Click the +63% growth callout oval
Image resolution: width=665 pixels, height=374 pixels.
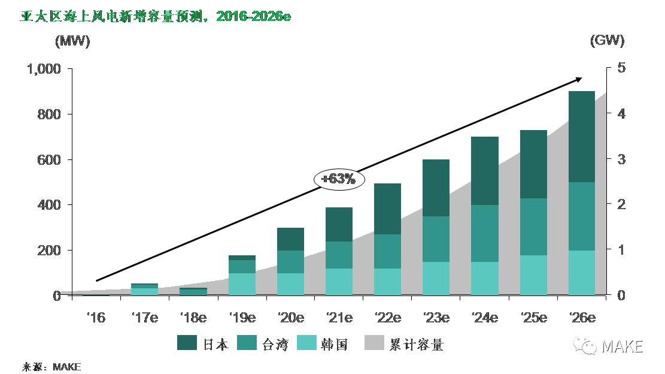tap(338, 179)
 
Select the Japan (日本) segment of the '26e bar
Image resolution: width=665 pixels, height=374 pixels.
tap(581, 137)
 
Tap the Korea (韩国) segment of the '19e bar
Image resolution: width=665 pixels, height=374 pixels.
tap(242, 284)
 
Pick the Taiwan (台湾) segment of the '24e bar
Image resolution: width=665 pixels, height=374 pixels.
tap(484, 234)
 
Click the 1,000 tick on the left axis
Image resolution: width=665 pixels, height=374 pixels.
tap(44, 69)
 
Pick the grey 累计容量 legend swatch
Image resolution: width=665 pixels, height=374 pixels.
tap(375, 343)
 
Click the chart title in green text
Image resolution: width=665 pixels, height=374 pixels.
tap(156, 16)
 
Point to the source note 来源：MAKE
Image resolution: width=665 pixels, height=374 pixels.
tap(51, 366)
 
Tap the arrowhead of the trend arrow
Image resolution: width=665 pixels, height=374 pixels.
tap(579, 79)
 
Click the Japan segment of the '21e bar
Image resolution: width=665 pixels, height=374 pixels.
tap(339, 225)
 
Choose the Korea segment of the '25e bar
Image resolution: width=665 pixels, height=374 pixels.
tap(533, 275)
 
